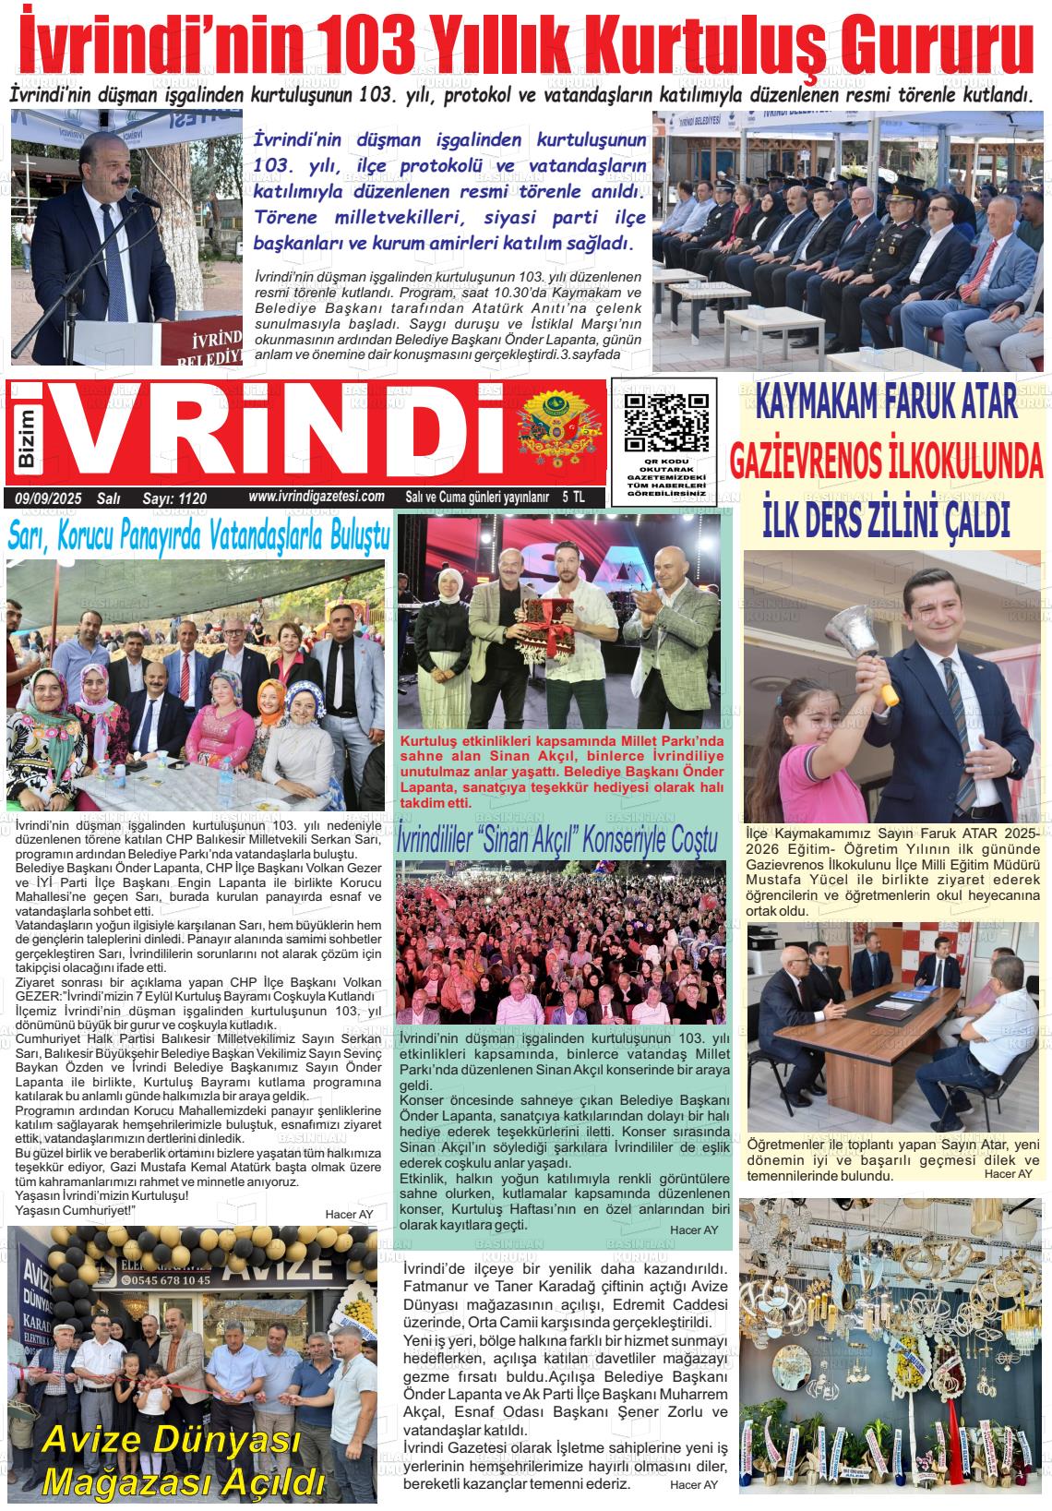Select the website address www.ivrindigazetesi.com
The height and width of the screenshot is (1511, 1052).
point(316,497)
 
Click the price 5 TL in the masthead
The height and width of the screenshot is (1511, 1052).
point(573,497)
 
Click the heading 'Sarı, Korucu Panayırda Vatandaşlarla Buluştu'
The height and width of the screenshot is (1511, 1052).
point(198,537)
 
